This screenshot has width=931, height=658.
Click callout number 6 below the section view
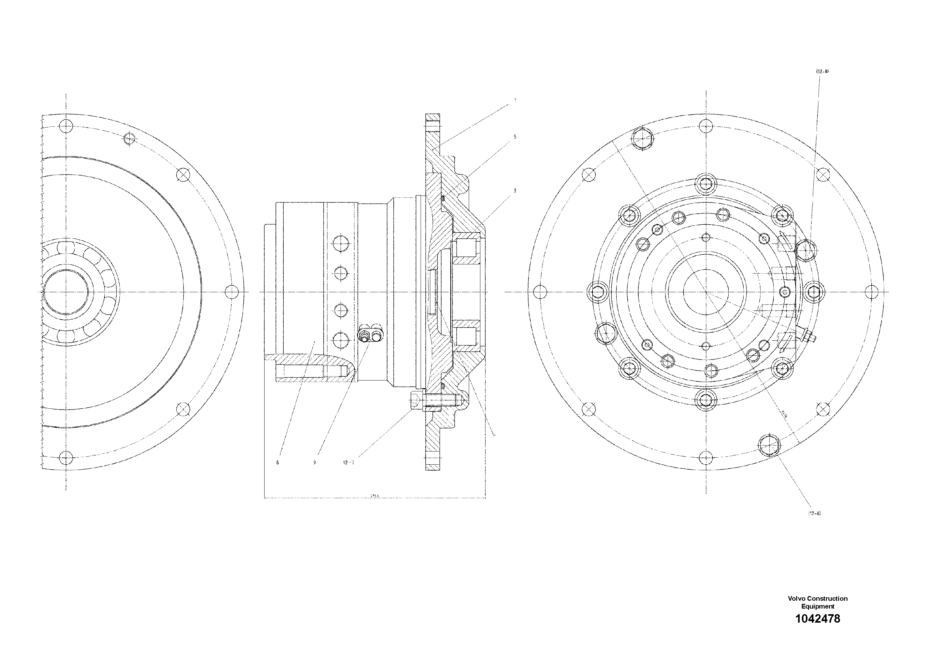(x=278, y=462)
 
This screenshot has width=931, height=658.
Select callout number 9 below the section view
(x=315, y=462)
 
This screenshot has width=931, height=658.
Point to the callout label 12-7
(x=348, y=462)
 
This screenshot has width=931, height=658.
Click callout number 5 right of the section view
(x=515, y=137)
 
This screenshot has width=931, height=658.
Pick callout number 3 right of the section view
(x=515, y=190)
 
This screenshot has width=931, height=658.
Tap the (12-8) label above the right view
(x=822, y=71)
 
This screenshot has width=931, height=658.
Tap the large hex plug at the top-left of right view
(x=642, y=139)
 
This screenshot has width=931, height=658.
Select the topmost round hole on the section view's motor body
(x=340, y=244)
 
